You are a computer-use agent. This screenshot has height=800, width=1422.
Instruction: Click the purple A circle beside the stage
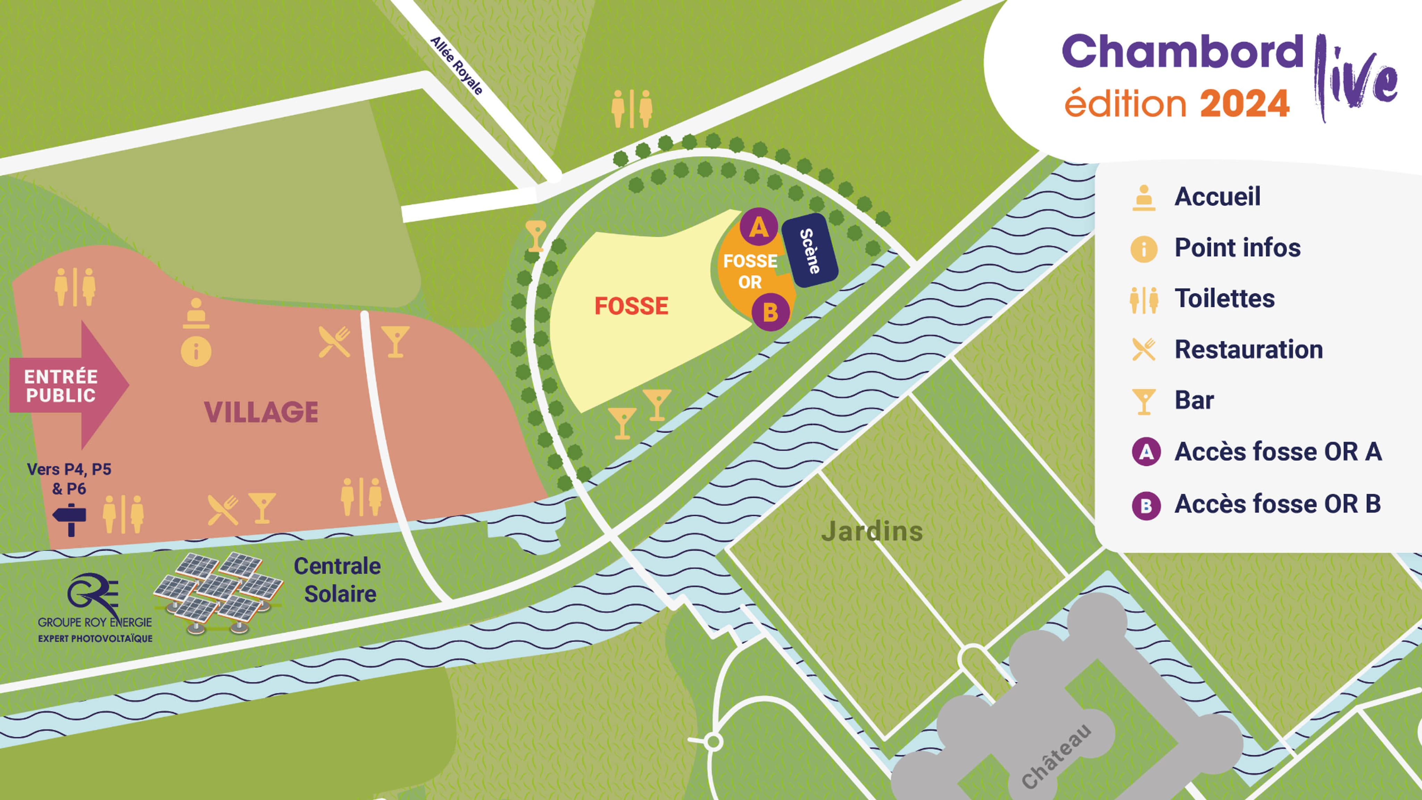point(759,226)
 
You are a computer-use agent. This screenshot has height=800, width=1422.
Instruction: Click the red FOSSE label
point(631,306)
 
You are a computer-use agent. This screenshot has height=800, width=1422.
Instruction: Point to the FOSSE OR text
point(750,271)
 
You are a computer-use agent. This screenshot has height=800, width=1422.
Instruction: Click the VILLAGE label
point(261,412)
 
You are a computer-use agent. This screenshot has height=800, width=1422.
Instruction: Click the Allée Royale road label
point(457,66)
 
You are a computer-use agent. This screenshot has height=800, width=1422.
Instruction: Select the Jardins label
point(872,531)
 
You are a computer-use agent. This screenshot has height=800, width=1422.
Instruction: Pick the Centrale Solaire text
point(338,580)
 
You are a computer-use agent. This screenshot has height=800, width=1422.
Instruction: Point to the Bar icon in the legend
point(1143,401)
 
